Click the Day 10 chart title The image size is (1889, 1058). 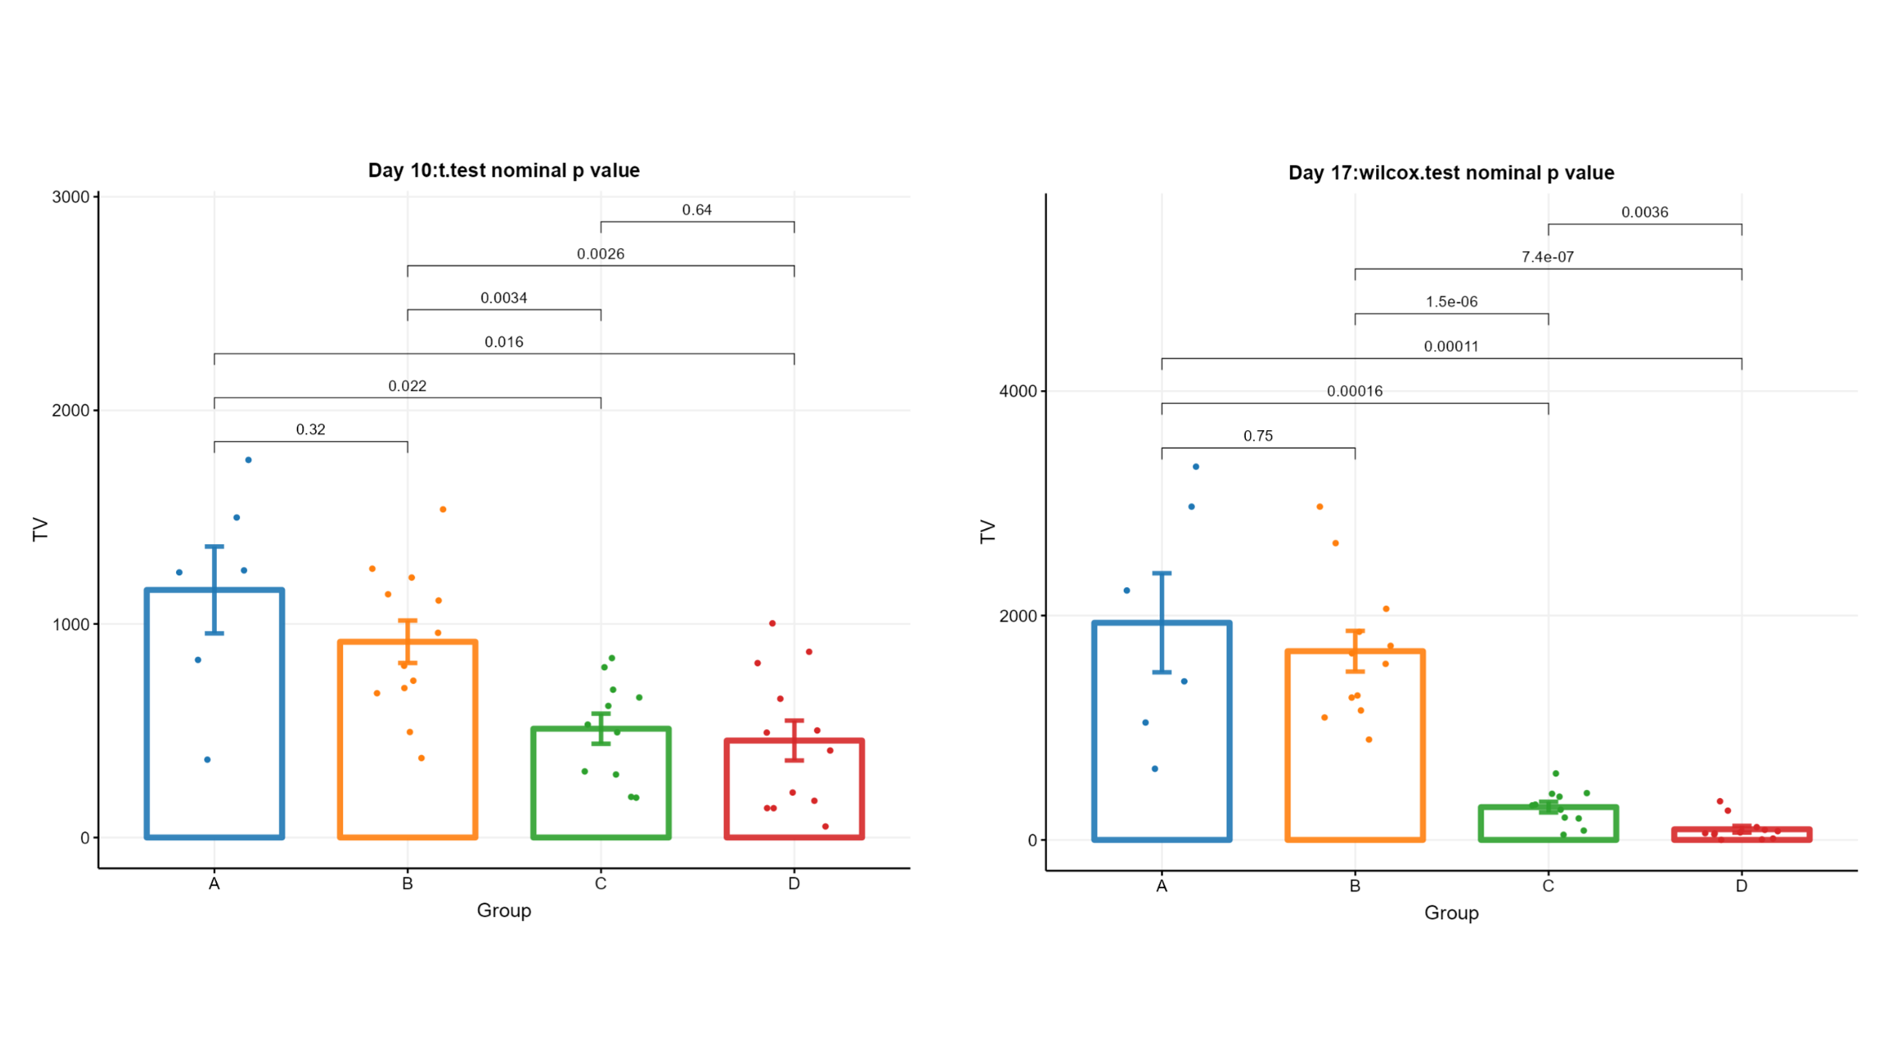[x=503, y=171]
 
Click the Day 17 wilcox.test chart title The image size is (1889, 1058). [x=1451, y=173]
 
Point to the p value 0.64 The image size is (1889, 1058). [x=697, y=210]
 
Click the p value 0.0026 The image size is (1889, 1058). [x=601, y=254]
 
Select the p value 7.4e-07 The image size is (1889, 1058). [x=1547, y=257]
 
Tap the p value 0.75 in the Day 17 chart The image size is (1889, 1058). [x=1258, y=436]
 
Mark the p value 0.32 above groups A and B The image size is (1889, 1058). [x=311, y=430]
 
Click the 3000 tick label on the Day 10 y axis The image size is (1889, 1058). [x=70, y=197]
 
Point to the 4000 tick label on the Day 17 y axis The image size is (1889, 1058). [x=1018, y=391]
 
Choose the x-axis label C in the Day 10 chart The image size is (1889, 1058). [x=601, y=883]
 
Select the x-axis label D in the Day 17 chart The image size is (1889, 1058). [x=1742, y=886]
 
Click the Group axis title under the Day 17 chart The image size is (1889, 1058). [x=1451, y=913]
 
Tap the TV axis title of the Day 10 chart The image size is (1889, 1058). [x=41, y=529]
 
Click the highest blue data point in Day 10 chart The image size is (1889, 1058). [x=248, y=460]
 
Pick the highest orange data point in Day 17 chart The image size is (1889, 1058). [x=1320, y=507]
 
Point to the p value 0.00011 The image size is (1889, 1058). [x=1451, y=347]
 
